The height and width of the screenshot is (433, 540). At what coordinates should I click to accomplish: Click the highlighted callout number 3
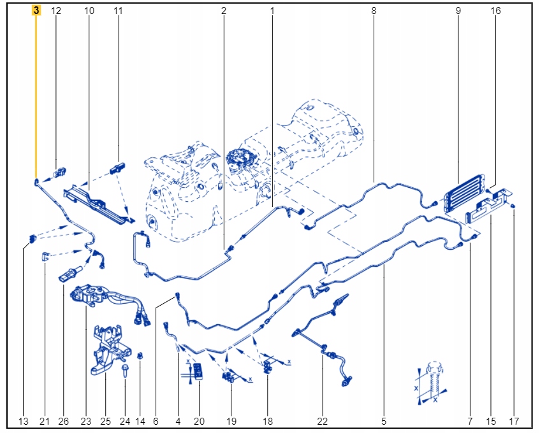[x=36, y=11]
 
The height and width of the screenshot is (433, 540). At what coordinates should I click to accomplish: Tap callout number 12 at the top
[x=56, y=11]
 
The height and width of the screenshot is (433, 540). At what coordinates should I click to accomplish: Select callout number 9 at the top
[x=458, y=11]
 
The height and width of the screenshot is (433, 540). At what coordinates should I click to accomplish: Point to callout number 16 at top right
[x=495, y=11]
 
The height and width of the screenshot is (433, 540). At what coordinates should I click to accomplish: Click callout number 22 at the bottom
[x=323, y=421]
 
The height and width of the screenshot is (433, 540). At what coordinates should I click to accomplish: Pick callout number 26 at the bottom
[x=63, y=421]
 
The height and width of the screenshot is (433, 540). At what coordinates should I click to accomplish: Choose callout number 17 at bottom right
[x=514, y=421]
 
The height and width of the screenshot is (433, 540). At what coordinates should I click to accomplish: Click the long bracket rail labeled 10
[x=99, y=203]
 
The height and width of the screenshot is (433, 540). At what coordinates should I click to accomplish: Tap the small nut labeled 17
[x=513, y=206]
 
